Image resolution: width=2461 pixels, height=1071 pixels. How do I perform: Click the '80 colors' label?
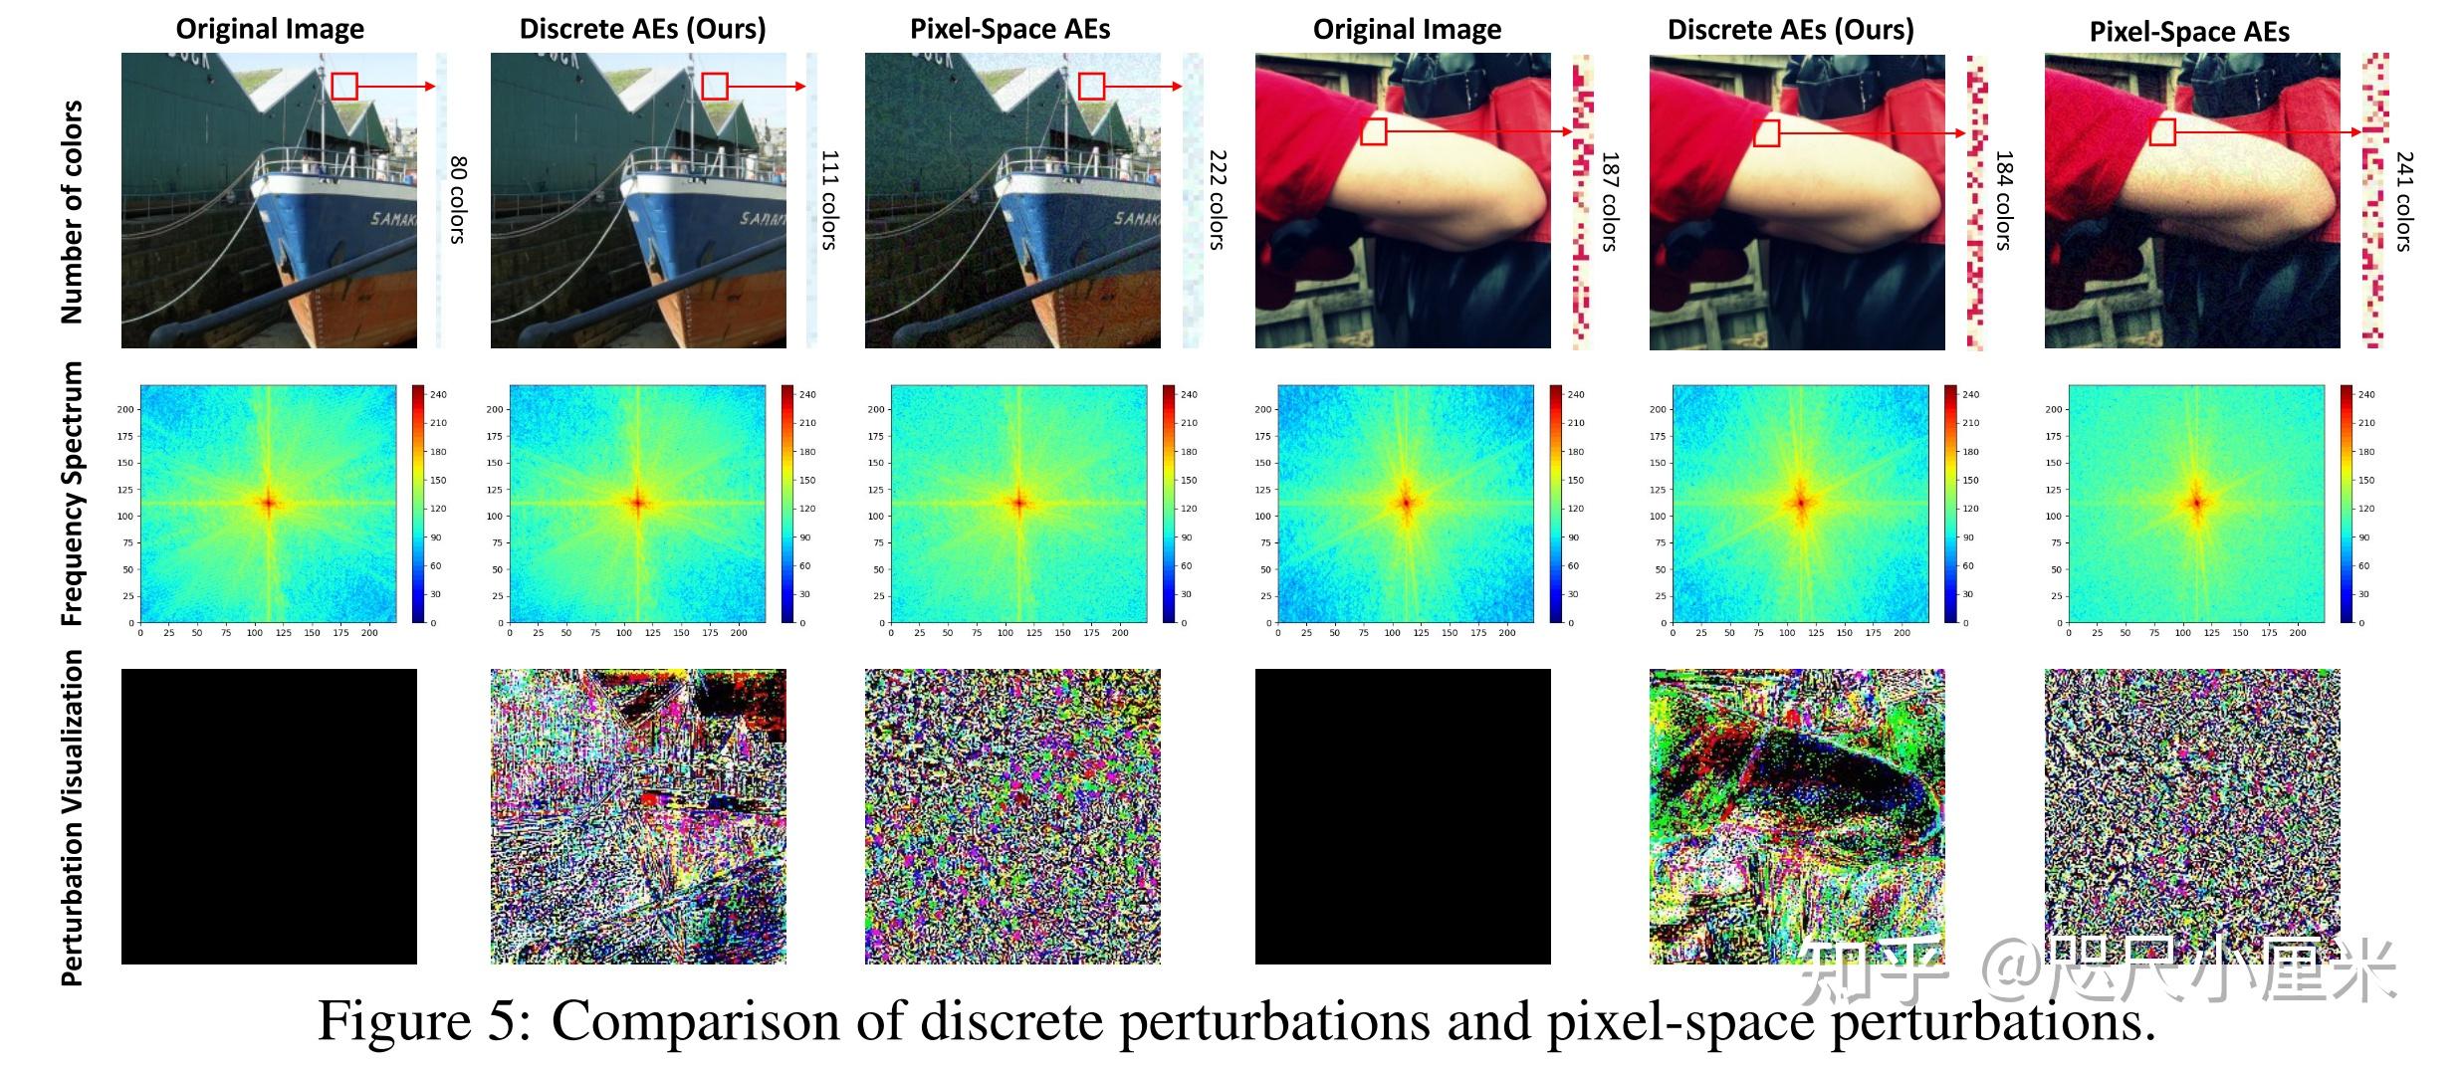(458, 199)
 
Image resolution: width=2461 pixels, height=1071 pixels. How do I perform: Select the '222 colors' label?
(1217, 199)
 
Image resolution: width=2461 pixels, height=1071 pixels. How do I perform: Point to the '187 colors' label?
(1610, 201)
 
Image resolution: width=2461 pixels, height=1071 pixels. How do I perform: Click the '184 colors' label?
(2004, 201)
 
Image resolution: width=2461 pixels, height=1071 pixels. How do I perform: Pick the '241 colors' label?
(2404, 201)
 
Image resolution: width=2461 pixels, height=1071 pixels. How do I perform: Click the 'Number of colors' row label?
(72, 211)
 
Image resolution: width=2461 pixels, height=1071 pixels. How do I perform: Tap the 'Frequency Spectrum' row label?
(72, 494)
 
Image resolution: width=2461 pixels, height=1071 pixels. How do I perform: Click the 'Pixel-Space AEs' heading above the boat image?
(1009, 30)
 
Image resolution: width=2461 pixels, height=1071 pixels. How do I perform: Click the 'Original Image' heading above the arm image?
(1407, 30)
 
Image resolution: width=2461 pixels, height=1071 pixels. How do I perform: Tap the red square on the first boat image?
(344, 87)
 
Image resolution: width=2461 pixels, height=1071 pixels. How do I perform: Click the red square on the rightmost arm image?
(2161, 131)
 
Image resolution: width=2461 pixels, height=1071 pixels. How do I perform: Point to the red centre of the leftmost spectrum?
(269, 503)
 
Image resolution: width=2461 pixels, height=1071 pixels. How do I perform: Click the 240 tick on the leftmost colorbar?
(438, 395)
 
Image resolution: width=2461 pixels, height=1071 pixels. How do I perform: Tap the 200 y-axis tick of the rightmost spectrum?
(2053, 409)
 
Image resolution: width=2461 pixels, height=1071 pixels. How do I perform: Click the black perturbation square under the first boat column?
(269, 816)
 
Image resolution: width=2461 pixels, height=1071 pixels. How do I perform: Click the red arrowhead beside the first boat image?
(431, 87)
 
